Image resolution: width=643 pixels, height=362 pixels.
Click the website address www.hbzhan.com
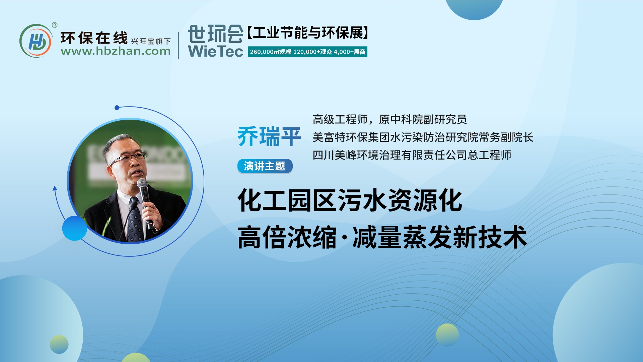pyautogui.click(x=116, y=51)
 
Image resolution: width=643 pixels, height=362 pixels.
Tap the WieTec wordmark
pyautogui.click(x=216, y=51)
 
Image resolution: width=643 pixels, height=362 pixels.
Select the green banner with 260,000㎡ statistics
pyautogui.click(x=307, y=52)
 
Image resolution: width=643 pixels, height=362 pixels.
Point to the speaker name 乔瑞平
pyautogui.click(x=269, y=136)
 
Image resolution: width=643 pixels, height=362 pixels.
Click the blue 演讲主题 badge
pyautogui.click(x=265, y=166)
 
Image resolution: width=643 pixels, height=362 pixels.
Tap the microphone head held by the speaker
pyautogui.click(x=142, y=183)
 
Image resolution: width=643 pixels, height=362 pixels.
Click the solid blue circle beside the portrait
pyautogui.click(x=75, y=228)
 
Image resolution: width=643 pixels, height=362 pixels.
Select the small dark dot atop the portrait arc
pyautogui.click(x=117, y=108)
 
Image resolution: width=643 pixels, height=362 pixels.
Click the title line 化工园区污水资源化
pyautogui.click(x=350, y=200)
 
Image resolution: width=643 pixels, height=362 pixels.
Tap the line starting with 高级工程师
pyautogui.click(x=389, y=119)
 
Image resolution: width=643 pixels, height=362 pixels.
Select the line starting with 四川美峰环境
pyautogui.click(x=412, y=155)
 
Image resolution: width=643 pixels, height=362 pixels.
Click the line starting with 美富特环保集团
pyautogui.click(x=423, y=137)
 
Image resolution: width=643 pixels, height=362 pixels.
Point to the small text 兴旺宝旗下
pyautogui.click(x=151, y=41)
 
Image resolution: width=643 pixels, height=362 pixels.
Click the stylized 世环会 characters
pyautogui.click(x=216, y=34)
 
